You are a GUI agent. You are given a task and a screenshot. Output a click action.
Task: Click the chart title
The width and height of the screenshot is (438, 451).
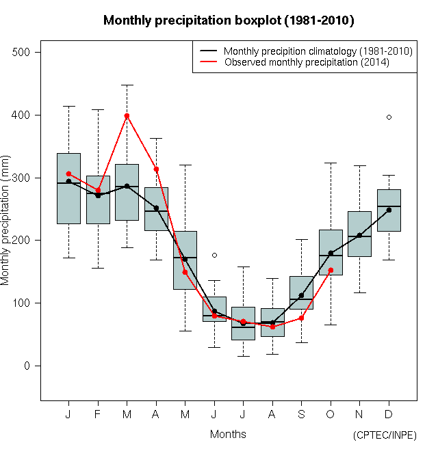(229, 20)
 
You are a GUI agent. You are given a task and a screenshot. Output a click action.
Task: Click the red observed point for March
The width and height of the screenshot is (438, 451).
(127, 116)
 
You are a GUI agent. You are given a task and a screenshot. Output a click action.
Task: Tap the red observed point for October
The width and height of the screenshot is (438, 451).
(331, 270)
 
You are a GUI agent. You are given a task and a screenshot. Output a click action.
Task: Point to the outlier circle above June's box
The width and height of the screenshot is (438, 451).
(214, 255)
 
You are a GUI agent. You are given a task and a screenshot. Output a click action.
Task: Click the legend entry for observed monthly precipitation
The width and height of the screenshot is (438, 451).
(307, 62)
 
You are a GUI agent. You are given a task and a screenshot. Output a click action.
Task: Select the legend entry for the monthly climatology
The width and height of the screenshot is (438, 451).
(318, 51)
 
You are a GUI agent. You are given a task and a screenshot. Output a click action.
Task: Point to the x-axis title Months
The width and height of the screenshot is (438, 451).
(228, 434)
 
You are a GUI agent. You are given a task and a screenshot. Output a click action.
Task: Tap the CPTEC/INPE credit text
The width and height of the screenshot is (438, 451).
(384, 435)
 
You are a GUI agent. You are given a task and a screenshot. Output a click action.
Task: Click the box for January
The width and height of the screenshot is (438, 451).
(68, 189)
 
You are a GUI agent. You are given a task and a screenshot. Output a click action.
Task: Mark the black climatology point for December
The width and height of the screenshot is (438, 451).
(389, 210)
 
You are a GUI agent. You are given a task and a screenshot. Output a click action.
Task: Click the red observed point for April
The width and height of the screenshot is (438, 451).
(156, 169)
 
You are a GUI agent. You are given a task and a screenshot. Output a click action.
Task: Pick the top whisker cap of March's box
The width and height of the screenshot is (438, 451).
(127, 85)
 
